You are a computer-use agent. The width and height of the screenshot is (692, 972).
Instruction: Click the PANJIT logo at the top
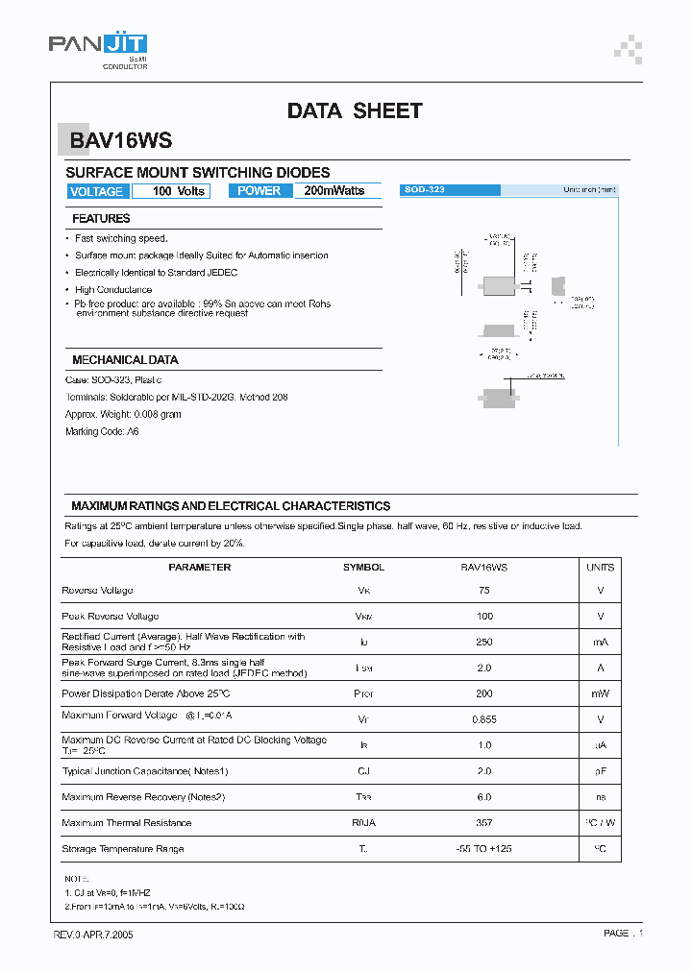(97, 48)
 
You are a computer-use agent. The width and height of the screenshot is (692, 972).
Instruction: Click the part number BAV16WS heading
(120, 140)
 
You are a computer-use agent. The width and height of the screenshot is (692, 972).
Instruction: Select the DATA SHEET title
(355, 111)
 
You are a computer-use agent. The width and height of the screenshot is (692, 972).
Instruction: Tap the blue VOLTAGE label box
(96, 191)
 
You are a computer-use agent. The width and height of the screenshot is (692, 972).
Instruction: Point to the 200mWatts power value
(334, 191)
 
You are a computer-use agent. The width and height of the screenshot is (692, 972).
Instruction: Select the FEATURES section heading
(101, 219)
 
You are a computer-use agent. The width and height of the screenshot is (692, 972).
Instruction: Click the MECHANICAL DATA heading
(125, 360)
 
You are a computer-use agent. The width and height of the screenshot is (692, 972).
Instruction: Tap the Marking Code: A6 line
(102, 431)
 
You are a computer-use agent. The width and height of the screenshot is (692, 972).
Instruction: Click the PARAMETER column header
(199, 568)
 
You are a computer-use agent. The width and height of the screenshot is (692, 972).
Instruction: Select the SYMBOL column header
(363, 568)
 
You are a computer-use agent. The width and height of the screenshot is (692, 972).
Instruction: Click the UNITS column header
(601, 568)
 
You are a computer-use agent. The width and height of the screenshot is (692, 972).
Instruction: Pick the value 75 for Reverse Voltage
(483, 591)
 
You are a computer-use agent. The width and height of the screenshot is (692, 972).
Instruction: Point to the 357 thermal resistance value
(483, 823)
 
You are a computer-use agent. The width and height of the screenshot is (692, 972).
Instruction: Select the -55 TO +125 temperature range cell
(483, 849)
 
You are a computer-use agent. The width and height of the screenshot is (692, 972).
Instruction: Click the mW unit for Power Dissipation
(601, 693)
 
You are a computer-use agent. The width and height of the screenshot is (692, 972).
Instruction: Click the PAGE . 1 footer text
(623, 934)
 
